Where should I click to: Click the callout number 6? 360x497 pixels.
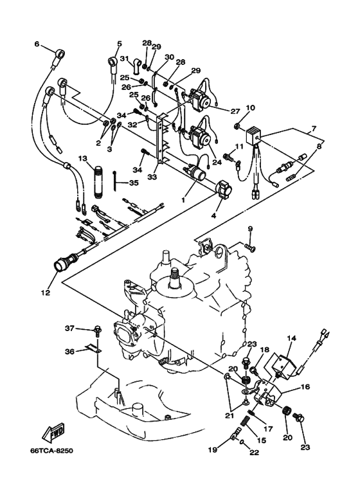click(37, 44)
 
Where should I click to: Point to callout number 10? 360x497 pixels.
click(250, 107)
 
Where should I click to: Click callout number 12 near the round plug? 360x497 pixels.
click(45, 294)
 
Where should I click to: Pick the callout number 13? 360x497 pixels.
click(82, 158)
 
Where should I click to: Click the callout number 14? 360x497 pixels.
click(291, 338)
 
